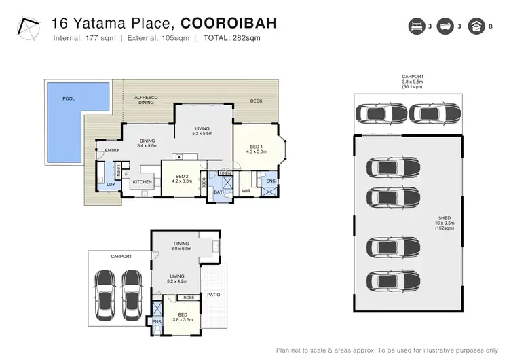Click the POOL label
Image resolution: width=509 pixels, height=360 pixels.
(69, 98)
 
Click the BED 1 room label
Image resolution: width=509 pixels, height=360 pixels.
(255, 147)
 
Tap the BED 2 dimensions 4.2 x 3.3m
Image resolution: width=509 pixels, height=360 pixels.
(181, 181)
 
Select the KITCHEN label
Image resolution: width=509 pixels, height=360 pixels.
(143, 182)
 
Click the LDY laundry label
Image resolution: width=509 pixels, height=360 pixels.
(110, 184)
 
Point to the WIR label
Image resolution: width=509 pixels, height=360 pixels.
(246, 191)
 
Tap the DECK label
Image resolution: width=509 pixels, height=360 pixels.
(256, 101)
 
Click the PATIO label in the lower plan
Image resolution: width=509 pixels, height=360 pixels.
(212, 295)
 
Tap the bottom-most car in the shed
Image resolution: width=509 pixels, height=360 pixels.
(384, 279)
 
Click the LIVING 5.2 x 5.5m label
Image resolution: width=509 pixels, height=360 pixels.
(202, 130)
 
